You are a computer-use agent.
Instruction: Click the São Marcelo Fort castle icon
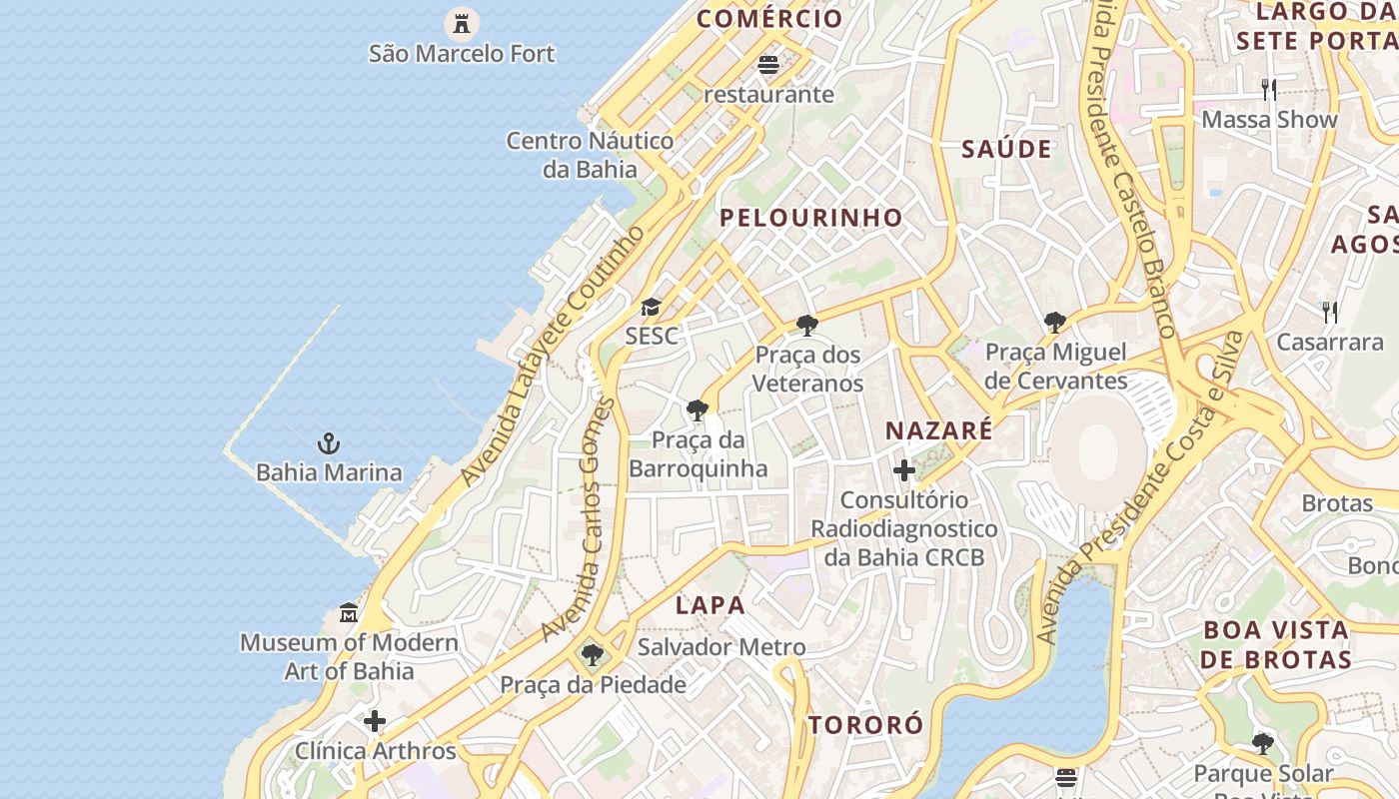pos(462,22)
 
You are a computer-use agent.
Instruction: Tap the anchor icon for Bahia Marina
pos(329,442)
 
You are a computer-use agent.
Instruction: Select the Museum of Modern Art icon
pos(349,612)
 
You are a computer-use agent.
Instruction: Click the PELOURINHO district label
pos(811,218)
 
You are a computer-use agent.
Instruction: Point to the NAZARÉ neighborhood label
pos(939,430)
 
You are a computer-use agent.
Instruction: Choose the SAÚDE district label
pos(1006,150)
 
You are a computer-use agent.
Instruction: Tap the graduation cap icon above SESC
pos(651,307)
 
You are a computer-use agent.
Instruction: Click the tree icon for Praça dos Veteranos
pos(806,325)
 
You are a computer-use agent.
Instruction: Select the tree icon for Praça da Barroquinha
pos(698,409)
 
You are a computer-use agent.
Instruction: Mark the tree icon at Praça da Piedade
pos(593,655)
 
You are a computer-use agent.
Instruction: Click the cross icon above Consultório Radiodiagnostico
pos(904,470)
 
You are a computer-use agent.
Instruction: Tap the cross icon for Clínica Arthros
pos(375,721)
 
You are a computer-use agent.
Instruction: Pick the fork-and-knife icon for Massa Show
pos(1268,90)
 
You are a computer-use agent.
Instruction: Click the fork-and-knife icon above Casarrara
pos(1330,313)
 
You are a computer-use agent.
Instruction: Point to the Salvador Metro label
pos(721,647)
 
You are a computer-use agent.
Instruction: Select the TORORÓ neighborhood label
pos(865,725)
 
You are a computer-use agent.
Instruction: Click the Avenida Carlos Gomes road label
pos(580,519)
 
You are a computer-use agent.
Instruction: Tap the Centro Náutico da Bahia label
pos(590,155)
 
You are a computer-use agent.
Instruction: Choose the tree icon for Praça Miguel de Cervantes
pos(1054,322)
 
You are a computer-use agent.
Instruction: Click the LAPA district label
pos(710,605)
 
